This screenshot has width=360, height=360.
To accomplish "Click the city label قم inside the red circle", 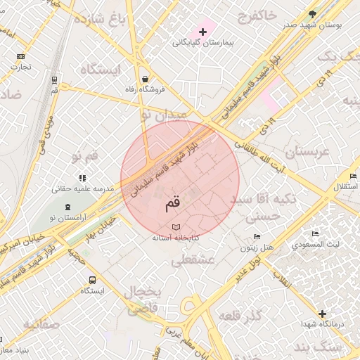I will (172, 205).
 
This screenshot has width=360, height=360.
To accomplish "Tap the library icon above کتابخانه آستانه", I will (176, 227).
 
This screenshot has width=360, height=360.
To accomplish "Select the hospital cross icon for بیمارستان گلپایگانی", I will (203, 32).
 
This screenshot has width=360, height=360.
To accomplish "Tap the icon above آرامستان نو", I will (67, 207).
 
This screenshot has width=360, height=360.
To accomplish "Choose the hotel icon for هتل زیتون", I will (257, 237).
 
